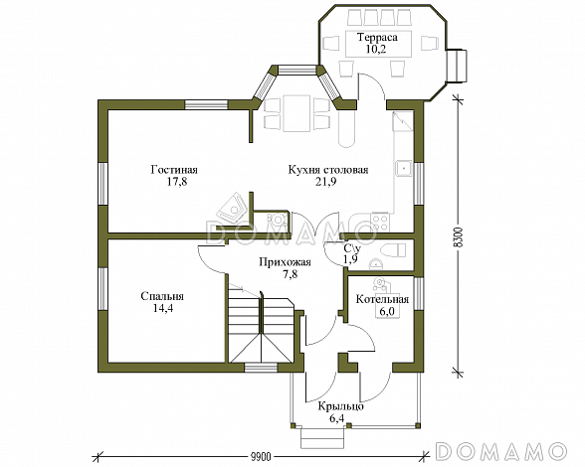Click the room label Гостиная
coord(174,170)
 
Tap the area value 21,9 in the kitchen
coord(328,182)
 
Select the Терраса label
coord(378,38)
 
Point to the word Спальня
coord(162,296)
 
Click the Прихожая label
coord(286,262)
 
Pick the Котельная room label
coord(382,299)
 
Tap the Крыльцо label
coord(340,406)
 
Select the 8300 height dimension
coord(460,236)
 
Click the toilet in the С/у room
coord(392,250)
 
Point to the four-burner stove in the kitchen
coord(380,223)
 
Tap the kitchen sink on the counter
coord(404,169)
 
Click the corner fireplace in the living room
coord(233,210)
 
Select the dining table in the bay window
coord(296,113)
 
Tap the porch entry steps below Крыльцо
coord(322,438)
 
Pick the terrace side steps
coord(456,66)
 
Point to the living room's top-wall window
coord(206,104)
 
